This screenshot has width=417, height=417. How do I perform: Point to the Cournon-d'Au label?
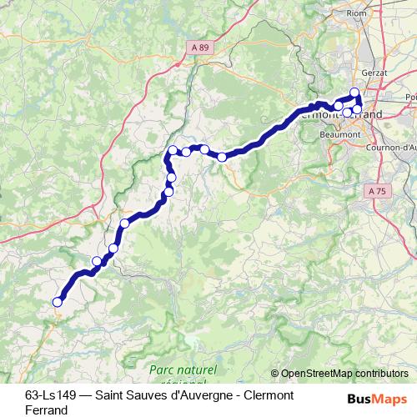click(x=393, y=149)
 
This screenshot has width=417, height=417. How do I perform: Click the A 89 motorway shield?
click(x=200, y=48)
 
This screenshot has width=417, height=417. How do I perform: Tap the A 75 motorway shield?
click(x=378, y=191)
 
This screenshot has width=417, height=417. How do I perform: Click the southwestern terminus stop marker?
click(x=58, y=303)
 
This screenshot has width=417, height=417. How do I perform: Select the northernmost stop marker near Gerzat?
click(x=354, y=93)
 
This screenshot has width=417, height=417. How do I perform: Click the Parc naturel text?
click(x=183, y=369)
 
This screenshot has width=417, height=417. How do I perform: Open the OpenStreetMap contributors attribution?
click(x=345, y=374)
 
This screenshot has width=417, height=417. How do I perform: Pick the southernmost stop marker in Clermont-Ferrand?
click(x=348, y=113)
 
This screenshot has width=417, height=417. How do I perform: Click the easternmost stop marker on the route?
click(x=358, y=109)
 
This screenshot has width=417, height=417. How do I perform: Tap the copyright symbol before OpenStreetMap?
click(x=276, y=374)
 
